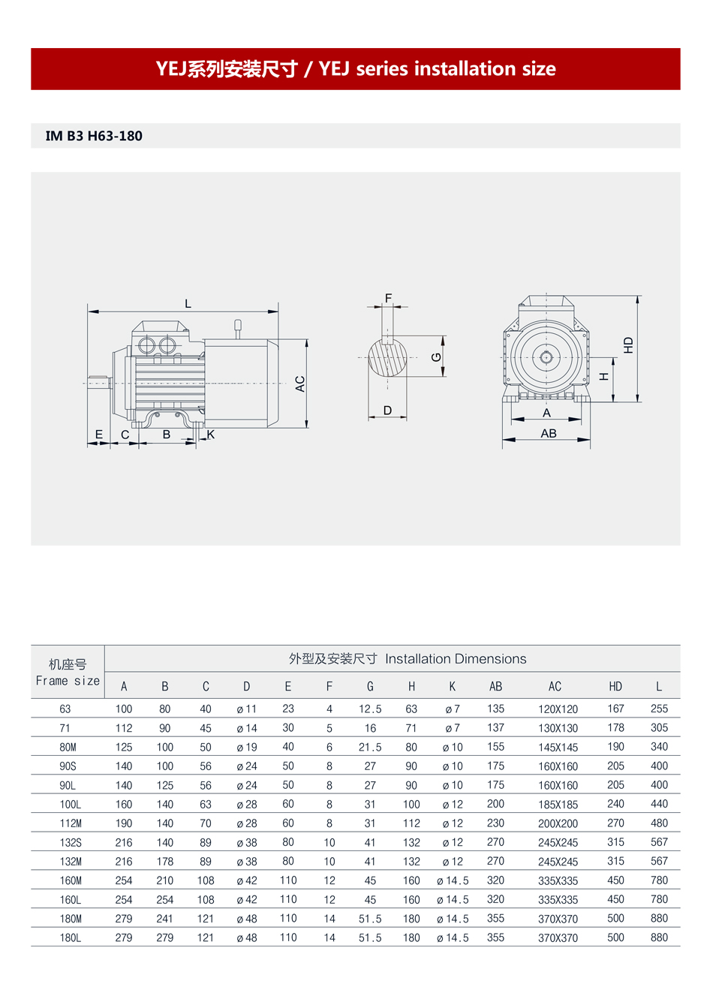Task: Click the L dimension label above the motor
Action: pyautogui.click(x=188, y=303)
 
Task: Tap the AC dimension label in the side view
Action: pyautogui.click(x=300, y=384)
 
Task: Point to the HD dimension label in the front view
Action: pyautogui.click(x=628, y=345)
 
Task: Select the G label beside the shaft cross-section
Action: pyautogui.click(x=436, y=357)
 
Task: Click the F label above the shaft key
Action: pyautogui.click(x=388, y=298)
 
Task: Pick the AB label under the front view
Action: pyautogui.click(x=549, y=434)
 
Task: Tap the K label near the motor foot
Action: pyautogui.click(x=211, y=435)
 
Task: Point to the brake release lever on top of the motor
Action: pyautogui.click(x=238, y=328)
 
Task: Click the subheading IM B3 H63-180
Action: pyautogui.click(x=94, y=136)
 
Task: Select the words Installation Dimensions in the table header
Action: pyautogui.click(x=456, y=659)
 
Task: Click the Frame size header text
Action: pyautogui.click(x=68, y=681)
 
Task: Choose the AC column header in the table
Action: pyautogui.click(x=555, y=687)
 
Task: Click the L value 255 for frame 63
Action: pyautogui.click(x=659, y=709)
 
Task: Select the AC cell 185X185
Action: pyautogui.click(x=558, y=805)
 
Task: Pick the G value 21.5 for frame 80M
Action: pyautogui.click(x=370, y=748)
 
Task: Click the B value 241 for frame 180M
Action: pyautogui.click(x=164, y=919)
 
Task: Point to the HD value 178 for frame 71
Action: pyautogui.click(x=615, y=727)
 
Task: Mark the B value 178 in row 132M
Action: pyautogui.click(x=164, y=862)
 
